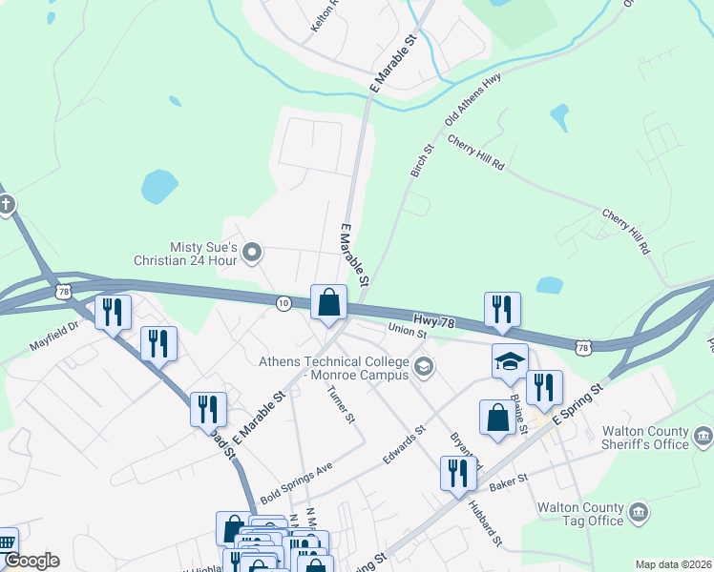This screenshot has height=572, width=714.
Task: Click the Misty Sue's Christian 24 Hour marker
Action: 253,253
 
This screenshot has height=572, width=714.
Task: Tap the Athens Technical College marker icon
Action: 424,366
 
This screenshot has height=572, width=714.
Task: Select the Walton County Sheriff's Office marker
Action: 703,438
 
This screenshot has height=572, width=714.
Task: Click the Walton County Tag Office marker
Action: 638,513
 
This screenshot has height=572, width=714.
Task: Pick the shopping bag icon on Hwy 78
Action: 328,302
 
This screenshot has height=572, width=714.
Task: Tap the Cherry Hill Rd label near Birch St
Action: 475,153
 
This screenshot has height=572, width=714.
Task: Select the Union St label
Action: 408,329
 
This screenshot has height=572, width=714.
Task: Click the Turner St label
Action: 341,404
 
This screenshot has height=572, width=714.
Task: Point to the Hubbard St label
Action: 485,524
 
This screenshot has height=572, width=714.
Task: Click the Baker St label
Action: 508,482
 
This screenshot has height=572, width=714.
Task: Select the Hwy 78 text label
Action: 436,322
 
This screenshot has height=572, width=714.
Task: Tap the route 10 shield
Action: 283,302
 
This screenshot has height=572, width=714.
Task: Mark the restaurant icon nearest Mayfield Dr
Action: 113,312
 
